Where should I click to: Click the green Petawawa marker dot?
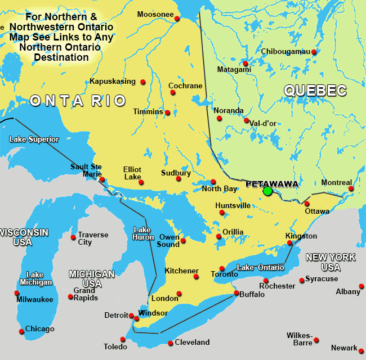click(x=267, y=191)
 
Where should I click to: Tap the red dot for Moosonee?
click(x=177, y=19)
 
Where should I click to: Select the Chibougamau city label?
click(x=285, y=52)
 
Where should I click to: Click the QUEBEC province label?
click(x=315, y=90)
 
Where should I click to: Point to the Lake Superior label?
click(x=34, y=139)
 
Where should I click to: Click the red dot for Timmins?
click(x=168, y=112)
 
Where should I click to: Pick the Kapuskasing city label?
click(x=113, y=82)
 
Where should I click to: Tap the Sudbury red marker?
click(x=178, y=179)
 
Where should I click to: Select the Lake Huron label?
click(x=143, y=233)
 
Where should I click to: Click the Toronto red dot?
click(x=222, y=269)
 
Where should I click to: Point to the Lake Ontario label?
click(x=261, y=268)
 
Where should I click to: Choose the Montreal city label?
click(x=336, y=183)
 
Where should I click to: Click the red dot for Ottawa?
click(x=307, y=204)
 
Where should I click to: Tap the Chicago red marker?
click(x=21, y=331)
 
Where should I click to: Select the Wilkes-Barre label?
click(x=299, y=339)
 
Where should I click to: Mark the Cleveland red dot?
click(x=171, y=343)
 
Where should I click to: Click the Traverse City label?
click(x=92, y=238)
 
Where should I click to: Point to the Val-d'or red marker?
click(x=246, y=120)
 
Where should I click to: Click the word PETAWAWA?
click(x=273, y=183)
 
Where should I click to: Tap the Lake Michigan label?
click(x=35, y=278)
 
